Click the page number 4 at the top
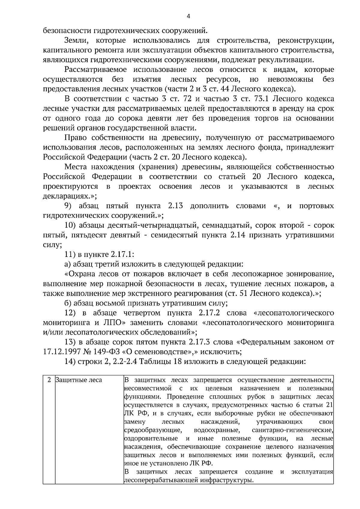[188, 16]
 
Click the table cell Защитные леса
[79, 380]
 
